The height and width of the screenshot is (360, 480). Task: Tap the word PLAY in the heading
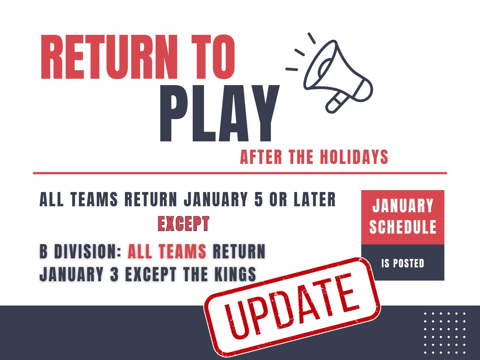[220, 113]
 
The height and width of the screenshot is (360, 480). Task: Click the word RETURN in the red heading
[109, 57]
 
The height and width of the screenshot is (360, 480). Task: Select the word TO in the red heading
[213, 57]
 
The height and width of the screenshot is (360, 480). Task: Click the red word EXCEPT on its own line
[183, 223]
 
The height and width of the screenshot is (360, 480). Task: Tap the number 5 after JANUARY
[258, 199]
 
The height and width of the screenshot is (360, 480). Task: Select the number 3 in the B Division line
[114, 274]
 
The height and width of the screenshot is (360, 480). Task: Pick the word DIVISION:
[87, 251]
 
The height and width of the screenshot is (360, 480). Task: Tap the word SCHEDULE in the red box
[403, 227]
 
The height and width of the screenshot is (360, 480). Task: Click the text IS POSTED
[403, 263]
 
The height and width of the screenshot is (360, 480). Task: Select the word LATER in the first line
[315, 199]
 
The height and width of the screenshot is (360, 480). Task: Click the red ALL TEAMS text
[167, 251]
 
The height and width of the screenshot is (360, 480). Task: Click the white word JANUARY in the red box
[403, 205]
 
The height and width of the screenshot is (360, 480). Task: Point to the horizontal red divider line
[240, 173]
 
